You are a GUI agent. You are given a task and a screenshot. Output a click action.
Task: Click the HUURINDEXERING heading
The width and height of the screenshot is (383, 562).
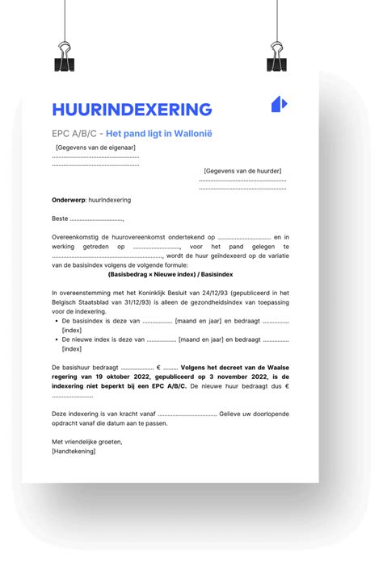click(x=132, y=109)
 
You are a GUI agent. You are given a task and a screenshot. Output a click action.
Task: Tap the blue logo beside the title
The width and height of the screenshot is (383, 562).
click(x=279, y=104)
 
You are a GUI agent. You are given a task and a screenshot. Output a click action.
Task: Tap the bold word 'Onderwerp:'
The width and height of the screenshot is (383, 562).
click(x=68, y=199)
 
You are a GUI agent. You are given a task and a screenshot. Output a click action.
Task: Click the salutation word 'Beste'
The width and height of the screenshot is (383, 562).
click(x=60, y=219)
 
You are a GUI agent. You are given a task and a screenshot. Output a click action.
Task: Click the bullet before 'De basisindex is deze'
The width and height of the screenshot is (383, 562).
click(x=55, y=321)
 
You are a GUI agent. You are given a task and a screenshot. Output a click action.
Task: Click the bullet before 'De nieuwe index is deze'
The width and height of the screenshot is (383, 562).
click(x=55, y=339)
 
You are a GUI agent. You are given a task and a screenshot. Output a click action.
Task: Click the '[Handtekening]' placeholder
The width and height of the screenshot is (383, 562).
click(x=73, y=451)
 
